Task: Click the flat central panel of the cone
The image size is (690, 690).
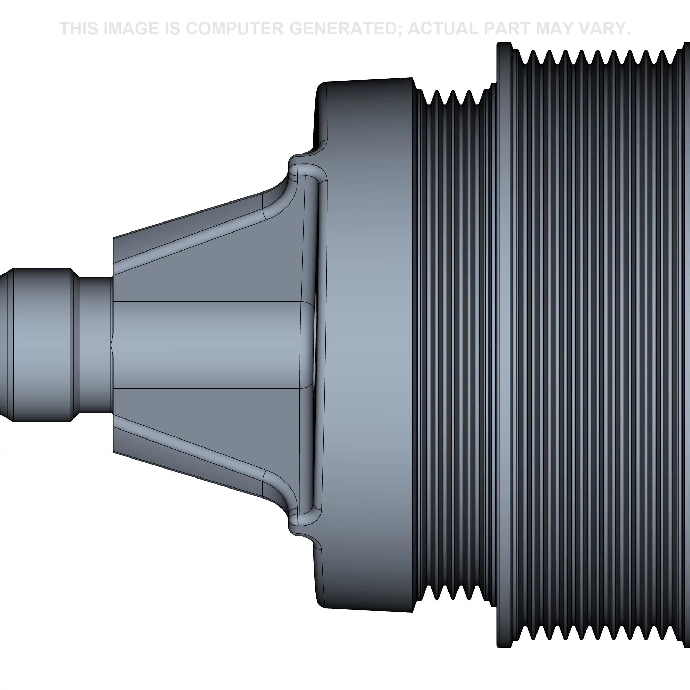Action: point(207,345)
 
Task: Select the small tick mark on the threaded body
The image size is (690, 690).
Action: point(494,345)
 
